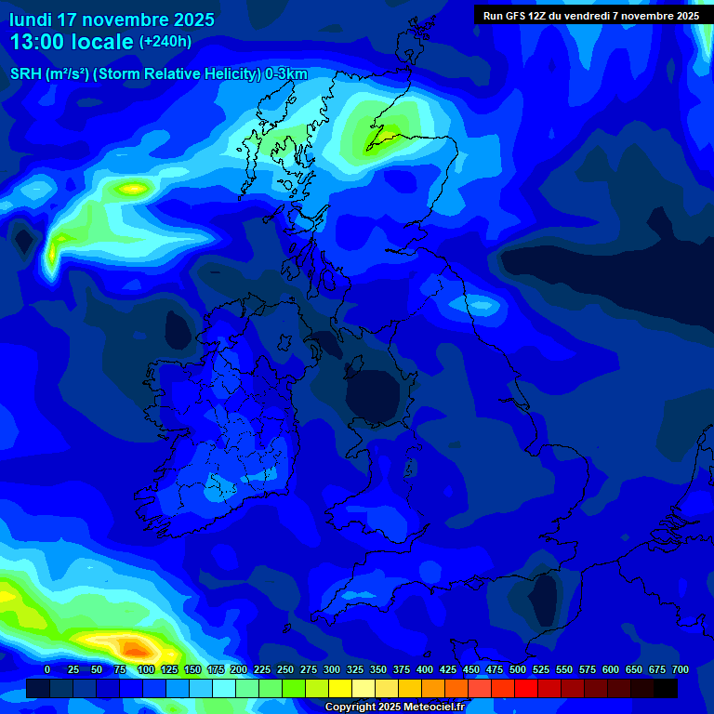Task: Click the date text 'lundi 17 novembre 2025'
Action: (x=112, y=20)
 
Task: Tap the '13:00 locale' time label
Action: (x=72, y=42)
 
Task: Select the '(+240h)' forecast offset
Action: (x=165, y=42)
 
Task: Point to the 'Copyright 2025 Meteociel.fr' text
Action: (x=394, y=707)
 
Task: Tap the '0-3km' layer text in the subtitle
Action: (x=285, y=74)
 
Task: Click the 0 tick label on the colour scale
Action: (x=47, y=669)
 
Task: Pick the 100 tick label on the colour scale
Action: (x=145, y=669)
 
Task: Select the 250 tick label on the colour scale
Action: (x=284, y=669)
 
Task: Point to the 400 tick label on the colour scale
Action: (x=425, y=669)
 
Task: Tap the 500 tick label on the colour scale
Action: (x=518, y=669)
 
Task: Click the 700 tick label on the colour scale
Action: (x=680, y=669)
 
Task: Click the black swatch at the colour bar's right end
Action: (x=666, y=688)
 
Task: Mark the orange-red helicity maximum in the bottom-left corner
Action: (x=133, y=647)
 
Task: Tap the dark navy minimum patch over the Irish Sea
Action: (x=377, y=394)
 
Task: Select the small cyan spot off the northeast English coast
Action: (x=482, y=304)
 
